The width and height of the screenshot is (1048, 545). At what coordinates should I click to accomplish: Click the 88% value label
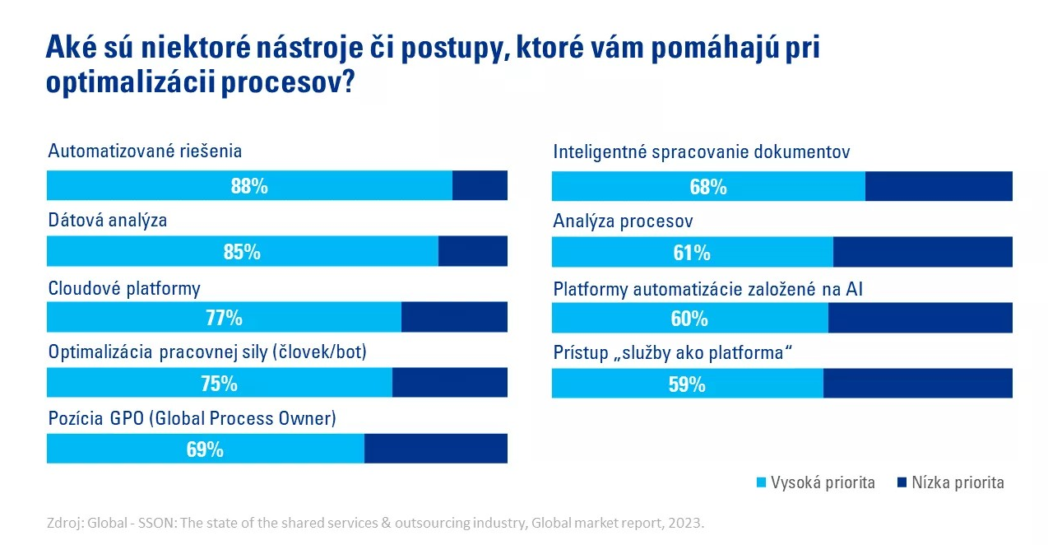(249, 186)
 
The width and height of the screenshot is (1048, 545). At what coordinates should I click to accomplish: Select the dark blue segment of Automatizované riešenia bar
(480, 186)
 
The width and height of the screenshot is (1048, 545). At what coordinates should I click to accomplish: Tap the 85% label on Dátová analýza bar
(242, 252)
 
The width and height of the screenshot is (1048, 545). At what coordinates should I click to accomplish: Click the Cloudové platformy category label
(124, 288)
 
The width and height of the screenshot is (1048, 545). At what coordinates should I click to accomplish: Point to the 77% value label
(224, 318)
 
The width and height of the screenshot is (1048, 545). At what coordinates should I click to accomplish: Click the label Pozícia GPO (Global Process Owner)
(192, 418)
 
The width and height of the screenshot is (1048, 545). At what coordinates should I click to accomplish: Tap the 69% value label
(205, 450)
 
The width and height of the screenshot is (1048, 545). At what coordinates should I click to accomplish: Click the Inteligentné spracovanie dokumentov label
(701, 152)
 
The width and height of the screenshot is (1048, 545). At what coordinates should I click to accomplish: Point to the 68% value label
(708, 187)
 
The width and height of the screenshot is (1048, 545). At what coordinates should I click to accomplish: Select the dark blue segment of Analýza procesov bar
(922, 253)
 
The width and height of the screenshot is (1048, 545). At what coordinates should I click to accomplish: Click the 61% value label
(692, 253)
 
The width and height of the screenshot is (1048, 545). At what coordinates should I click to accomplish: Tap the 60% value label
(689, 319)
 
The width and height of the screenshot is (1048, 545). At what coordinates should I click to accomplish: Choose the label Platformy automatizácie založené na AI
(707, 289)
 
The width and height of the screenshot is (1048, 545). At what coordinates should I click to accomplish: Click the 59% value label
(687, 384)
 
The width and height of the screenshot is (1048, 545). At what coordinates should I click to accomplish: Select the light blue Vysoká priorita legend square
(761, 482)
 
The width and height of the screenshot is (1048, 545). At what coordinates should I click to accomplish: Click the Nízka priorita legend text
(958, 482)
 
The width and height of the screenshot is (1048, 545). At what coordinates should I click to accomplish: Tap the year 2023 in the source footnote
(687, 523)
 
